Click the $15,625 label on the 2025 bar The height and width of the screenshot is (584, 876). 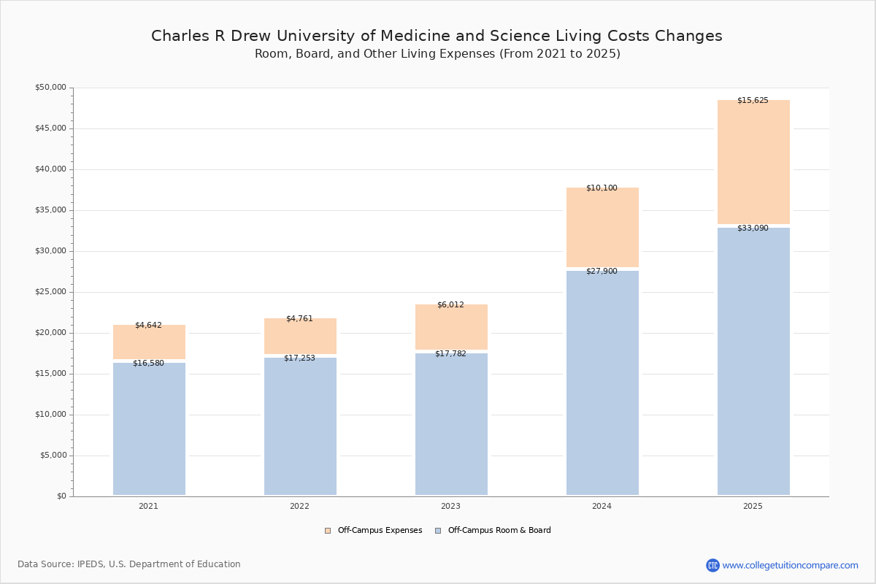(753, 101)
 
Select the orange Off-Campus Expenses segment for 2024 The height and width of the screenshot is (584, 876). (602, 227)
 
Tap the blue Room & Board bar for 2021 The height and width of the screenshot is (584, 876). (149, 429)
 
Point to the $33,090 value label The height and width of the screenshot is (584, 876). (753, 228)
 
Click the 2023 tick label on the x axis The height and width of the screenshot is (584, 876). (450, 506)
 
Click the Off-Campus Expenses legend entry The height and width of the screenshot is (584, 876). (374, 530)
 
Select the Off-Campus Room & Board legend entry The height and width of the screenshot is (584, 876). (493, 530)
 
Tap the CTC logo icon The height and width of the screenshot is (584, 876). (712, 565)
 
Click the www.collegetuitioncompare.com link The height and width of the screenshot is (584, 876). (790, 565)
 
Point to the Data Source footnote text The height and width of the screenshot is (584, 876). (129, 564)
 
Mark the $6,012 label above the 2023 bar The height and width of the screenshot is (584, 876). (450, 304)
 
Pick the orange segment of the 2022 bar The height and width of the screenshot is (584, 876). (300, 337)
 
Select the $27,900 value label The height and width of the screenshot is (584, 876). (602, 271)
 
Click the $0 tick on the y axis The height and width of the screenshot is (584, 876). (62, 496)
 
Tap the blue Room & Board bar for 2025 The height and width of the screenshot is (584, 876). (753, 361)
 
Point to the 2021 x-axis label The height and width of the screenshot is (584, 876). (148, 506)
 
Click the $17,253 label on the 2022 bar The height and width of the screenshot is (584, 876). (299, 358)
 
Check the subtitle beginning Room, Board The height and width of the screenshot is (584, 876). (437, 53)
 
